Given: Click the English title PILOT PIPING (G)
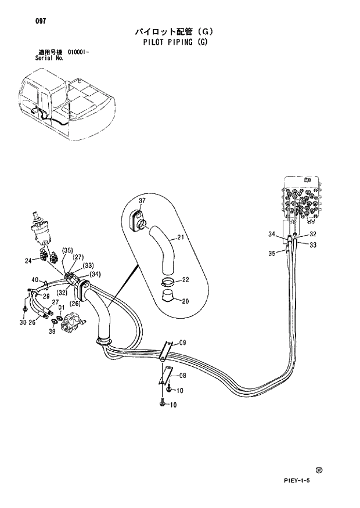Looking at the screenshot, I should click(174, 42).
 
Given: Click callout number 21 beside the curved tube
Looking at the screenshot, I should click(181, 237).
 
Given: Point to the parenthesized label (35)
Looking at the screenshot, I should click(67, 251).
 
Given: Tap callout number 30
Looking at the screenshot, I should click(23, 323).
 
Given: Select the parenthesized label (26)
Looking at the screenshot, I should click(75, 303).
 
